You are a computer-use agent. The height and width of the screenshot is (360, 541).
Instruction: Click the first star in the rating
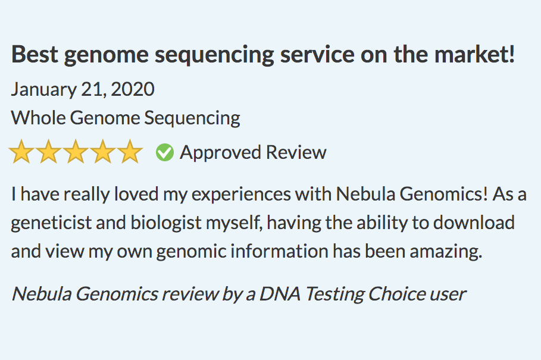pyautogui.click(x=21, y=153)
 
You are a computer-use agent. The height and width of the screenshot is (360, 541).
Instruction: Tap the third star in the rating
pyautogui.click(x=76, y=153)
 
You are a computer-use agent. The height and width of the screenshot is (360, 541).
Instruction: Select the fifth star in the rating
pyautogui.click(x=129, y=153)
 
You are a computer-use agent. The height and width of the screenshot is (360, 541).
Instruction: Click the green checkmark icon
pyautogui.click(x=165, y=153)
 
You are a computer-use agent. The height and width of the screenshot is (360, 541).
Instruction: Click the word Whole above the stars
pyautogui.click(x=38, y=118)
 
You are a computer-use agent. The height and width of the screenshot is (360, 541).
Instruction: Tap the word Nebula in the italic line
pyautogui.click(x=40, y=294)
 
